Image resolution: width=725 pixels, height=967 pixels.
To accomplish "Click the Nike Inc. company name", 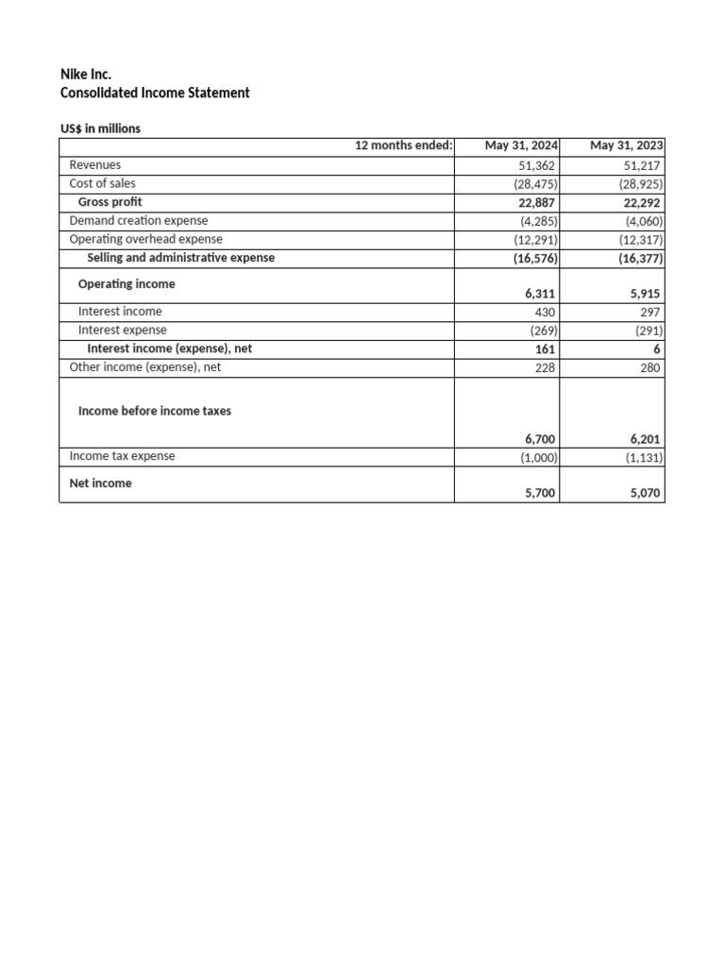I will [x=86, y=74].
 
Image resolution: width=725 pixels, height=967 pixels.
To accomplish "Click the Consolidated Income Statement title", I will [x=155, y=93].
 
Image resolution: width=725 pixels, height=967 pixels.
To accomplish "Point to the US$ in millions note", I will [x=100, y=128].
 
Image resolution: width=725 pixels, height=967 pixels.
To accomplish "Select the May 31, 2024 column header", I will [x=521, y=145].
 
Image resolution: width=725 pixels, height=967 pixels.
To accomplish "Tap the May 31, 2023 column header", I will [x=626, y=145].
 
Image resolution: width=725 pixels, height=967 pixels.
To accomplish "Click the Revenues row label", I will [x=95, y=164].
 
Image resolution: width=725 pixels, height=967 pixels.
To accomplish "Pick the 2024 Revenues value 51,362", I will [x=534, y=165].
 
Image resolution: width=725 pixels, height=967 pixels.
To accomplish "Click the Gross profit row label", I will [x=110, y=202].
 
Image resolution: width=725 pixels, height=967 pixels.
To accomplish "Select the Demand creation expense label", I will [x=139, y=221].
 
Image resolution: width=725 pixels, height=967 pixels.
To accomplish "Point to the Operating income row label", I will [x=126, y=284].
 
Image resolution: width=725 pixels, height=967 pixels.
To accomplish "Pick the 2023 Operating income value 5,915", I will [x=647, y=294].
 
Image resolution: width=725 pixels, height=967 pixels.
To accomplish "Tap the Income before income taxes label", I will [x=155, y=411].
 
